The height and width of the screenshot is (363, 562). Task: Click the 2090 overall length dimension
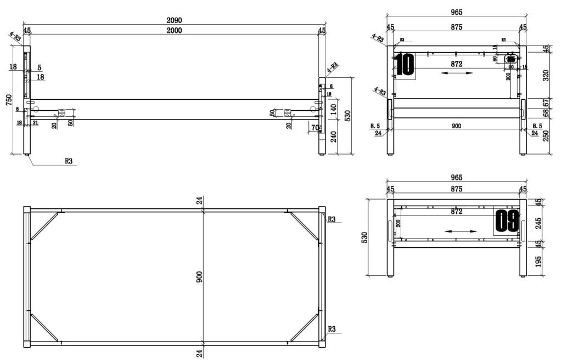[174, 20]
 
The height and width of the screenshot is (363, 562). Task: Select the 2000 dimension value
[174, 31]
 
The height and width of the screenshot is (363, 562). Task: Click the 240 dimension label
[333, 137]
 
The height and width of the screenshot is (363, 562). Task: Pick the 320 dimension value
[545, 75]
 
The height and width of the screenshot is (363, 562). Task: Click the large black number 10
[405, 65]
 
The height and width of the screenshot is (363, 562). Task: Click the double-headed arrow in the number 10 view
[457, 73]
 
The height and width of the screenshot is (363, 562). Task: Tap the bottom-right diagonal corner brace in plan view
[304, 327]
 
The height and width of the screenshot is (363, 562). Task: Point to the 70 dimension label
[314, 128]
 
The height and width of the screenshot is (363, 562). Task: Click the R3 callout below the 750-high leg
[69, 161]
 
